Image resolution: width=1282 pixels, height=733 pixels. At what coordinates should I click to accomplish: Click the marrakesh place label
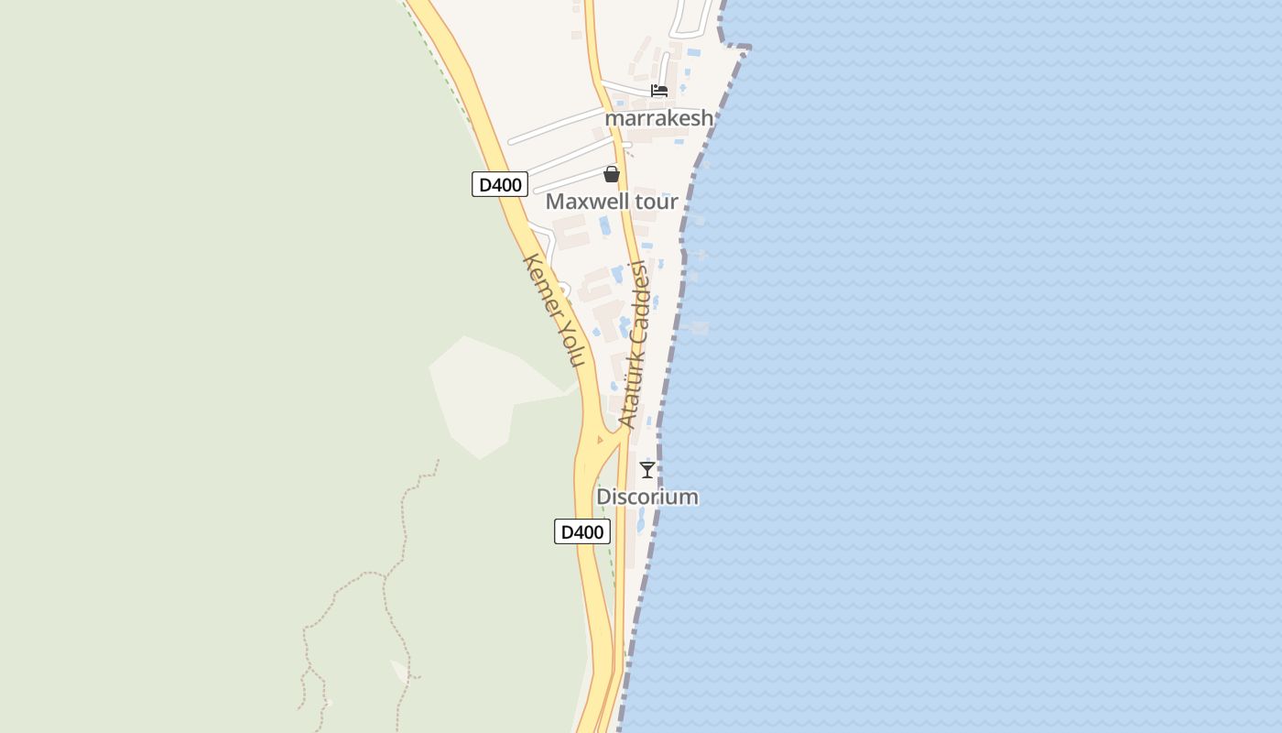658,118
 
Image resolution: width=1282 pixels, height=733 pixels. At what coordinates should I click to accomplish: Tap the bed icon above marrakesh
659,91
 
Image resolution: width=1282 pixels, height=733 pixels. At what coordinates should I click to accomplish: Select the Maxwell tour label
612,202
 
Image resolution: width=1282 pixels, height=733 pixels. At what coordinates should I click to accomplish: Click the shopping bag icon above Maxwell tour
612,174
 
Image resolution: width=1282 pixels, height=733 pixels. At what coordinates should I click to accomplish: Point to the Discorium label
647,497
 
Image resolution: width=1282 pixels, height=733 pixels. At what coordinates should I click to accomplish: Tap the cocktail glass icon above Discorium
647,470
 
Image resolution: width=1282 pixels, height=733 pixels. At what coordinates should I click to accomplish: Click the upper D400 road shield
500,184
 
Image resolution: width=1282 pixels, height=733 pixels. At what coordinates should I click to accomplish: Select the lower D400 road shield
582,531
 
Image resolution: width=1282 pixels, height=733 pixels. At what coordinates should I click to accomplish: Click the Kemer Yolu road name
553,310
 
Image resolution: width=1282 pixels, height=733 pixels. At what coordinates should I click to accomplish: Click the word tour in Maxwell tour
654,202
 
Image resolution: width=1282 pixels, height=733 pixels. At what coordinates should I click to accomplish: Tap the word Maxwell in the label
585,202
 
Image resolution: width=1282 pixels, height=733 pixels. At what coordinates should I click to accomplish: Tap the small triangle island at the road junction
600,440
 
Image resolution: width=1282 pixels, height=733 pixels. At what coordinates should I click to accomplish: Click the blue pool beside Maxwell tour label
604,225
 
